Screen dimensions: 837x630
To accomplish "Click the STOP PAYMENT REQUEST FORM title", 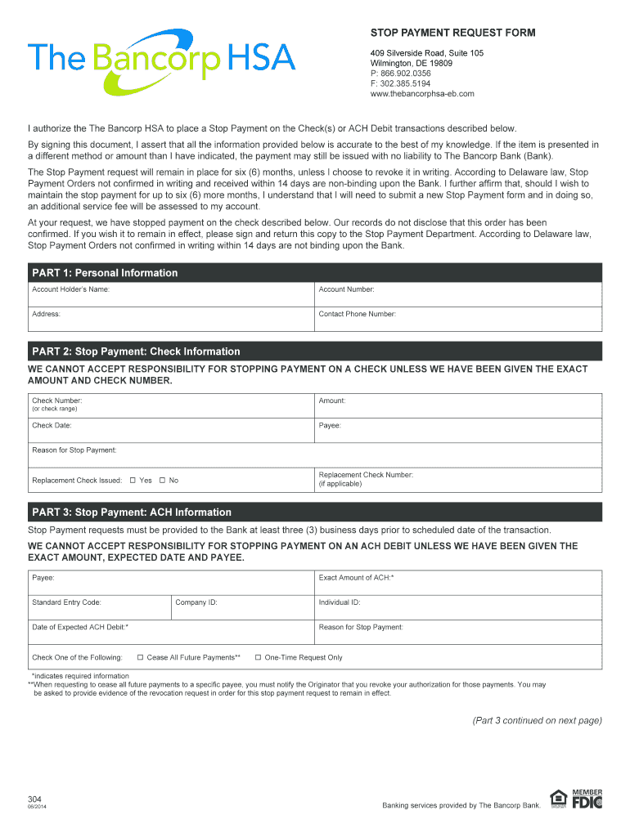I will click(452, 33).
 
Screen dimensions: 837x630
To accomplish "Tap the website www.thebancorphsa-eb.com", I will click(422, 94).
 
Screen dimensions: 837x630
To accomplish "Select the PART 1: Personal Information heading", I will click(105, 273).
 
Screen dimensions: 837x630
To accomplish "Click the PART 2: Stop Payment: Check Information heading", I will click(136, 351).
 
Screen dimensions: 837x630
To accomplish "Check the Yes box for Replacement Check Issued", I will click(133, 481).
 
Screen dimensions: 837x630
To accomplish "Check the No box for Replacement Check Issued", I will click(162, 481).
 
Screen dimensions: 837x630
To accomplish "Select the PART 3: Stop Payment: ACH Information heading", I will click(132, 512).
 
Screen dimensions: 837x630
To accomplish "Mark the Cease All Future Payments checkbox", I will click(140, 658).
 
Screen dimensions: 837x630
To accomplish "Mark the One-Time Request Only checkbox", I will click(258, 658).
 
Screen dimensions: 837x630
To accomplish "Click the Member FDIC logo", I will click(586, 800).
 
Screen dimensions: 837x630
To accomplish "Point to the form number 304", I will click(34, 799).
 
